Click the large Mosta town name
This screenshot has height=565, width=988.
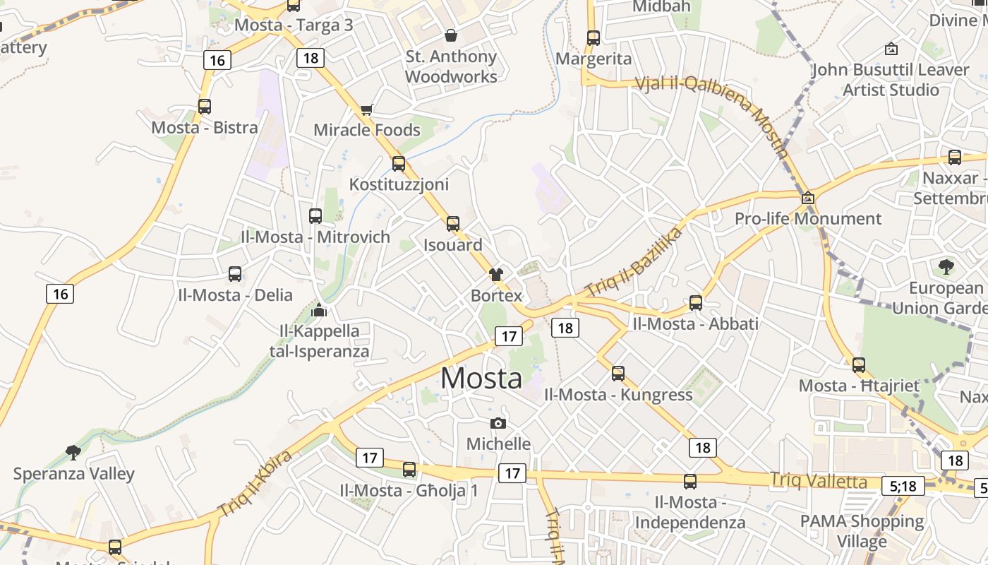click(x=481, y=379)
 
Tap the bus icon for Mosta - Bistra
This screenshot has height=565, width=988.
click(x=205, y=107)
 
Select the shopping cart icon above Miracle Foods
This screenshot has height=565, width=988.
click(x=366, y=109)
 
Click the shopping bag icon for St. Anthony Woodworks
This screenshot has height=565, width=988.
click(x=451, y=35)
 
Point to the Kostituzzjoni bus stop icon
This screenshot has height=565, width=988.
click(x=399, y=164)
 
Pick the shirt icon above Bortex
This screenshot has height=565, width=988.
click(x=496, y=274)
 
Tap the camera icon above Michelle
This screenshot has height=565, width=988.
click(x=498, y=423)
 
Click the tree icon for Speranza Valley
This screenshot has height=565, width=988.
click(x=73, y=452)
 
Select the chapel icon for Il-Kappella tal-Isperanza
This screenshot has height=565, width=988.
click(x=319, y=309)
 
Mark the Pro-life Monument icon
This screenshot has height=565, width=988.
click(x=808, y=198)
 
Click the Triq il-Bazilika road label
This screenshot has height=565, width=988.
click(x=634, y=263)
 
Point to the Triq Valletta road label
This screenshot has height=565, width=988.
click(x=819, y=481)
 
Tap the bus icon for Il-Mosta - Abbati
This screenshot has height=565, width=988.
click(x=696, y=303)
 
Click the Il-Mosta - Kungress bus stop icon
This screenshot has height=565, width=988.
click(x=618, y=373)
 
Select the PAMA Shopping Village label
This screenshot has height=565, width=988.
click(x=862, y=531)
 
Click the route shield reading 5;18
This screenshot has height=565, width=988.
click(x=903, y=486)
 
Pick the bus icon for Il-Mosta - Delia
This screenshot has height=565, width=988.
click(x=235, y=274)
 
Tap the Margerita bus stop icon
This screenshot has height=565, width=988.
click(x=594, y=38)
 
